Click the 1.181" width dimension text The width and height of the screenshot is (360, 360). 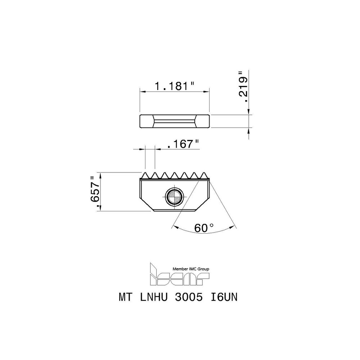click(174, 86)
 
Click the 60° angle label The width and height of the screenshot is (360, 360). click(204, 228)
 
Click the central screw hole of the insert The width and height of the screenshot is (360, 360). click(174, 197)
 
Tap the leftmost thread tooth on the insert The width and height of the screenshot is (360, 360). click(146, 175)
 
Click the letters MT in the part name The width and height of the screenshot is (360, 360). click(125, 298)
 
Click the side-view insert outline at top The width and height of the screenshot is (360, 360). click(174, 121)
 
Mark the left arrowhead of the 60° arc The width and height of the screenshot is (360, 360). click(175, 226)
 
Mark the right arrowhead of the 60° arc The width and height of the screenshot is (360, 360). click(234, 226)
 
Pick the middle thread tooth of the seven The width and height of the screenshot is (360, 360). click(176, 175)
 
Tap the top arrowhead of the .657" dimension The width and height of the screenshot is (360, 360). click(100, 175)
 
